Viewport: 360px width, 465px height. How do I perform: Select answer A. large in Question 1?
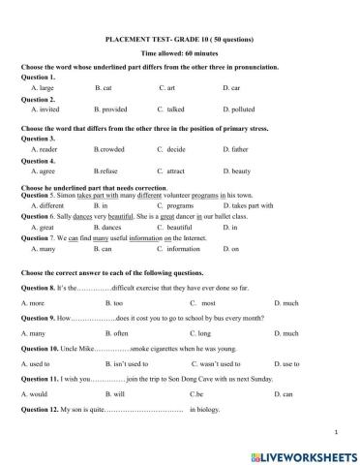click(x=44, y=87)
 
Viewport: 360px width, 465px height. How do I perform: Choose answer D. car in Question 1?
click(x=230, y=87)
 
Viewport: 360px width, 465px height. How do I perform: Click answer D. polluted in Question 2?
click(x=239, y=109)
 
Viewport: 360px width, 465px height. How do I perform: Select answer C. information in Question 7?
click(x=179, y=249)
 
